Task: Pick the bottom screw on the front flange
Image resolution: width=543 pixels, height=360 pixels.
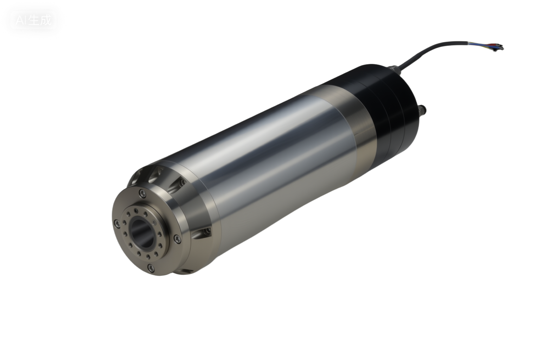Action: [x=152, y=268]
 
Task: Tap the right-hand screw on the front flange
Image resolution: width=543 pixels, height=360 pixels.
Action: [x=177, y=239]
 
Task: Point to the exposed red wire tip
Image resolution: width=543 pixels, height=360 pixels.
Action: [x=500, y=46]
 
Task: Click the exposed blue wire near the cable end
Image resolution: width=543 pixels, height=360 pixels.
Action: [x=487, y=45]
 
